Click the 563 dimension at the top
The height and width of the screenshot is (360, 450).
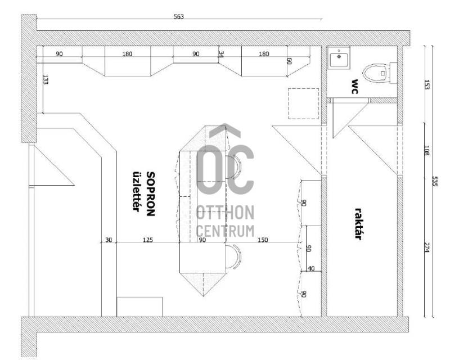[178, 17]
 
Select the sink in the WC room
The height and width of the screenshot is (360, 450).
[339, 58]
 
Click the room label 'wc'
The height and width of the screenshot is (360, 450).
[354, 87]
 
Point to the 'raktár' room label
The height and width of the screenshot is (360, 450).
[358, 224]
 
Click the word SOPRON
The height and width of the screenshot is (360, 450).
[150, 193]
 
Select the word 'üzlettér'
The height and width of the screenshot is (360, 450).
[137, 191]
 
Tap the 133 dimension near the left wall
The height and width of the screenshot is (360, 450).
[46, 79]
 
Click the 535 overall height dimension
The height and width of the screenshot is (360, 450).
[434, 181]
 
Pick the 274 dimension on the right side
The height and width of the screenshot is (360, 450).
[426, 247]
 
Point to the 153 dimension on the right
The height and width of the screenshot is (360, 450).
[426, 85]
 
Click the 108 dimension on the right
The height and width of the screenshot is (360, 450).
[426, 151]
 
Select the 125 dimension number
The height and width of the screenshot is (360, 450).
[148, 240]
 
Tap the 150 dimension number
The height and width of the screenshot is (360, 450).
[263, 240]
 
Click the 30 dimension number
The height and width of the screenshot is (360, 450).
[109, 240]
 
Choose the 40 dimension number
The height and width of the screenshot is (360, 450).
[311, 269]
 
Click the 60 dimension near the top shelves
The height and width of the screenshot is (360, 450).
[289, 61]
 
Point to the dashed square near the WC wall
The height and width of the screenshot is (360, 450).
[303, 103]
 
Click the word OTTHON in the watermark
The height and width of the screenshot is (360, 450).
[226, 213]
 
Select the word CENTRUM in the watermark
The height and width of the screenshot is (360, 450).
[226, 231]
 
